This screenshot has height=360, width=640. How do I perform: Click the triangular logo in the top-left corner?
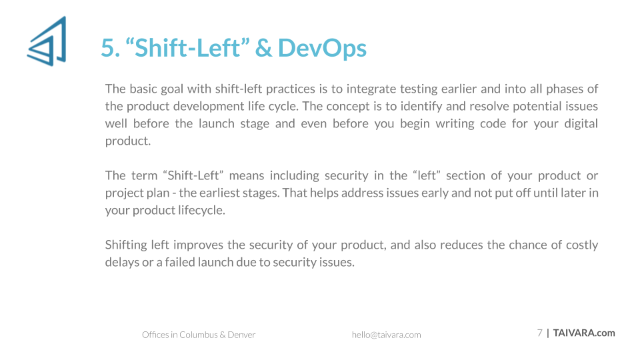coord(47,41)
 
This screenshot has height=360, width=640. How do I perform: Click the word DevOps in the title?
coord(322,49)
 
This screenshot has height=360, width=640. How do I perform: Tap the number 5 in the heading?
coord(107,48)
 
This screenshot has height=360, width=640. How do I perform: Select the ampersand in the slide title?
coord(264,48)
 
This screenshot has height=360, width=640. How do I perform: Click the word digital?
coord(581,124)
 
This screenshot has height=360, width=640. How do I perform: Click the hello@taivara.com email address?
coord(386,335)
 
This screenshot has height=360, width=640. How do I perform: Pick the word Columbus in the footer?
coord(199,335)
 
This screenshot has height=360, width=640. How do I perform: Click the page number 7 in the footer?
coord(539,333)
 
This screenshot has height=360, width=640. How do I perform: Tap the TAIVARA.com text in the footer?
coord(584,333)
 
